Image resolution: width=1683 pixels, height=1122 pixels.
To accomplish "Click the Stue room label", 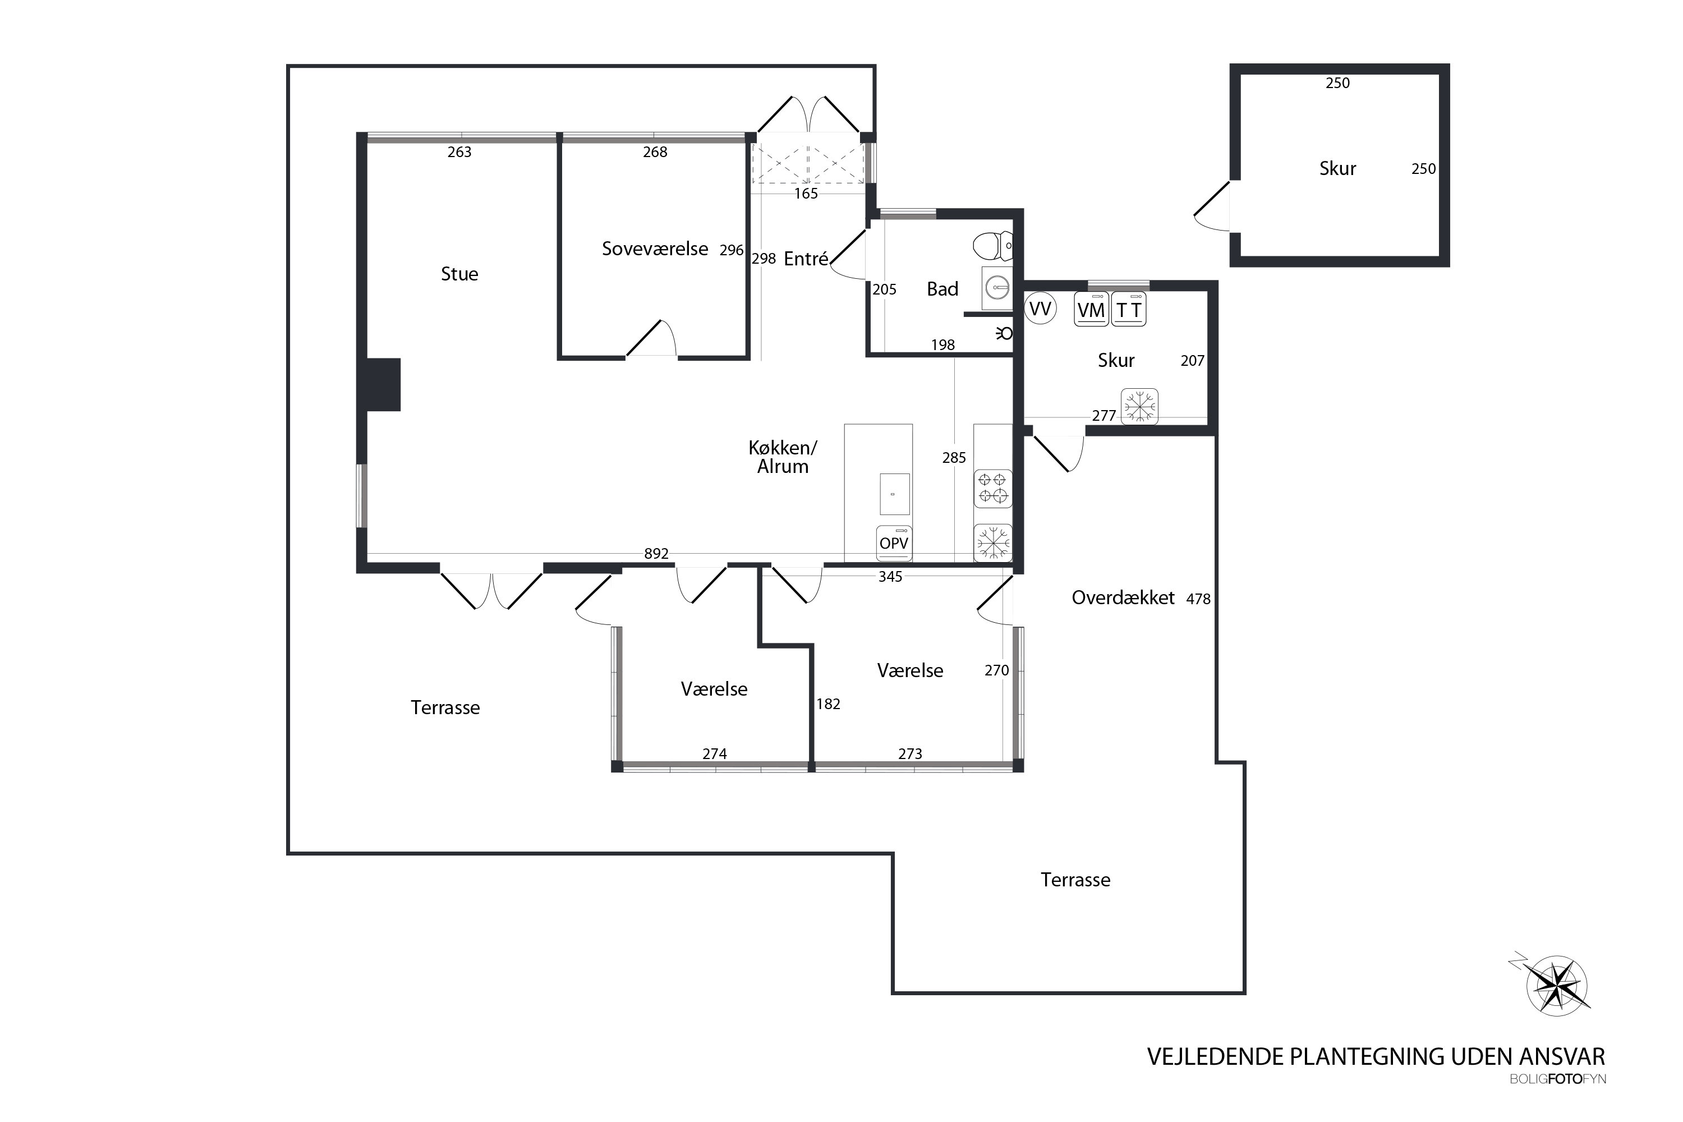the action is pyautogui.click(x=459, y=274).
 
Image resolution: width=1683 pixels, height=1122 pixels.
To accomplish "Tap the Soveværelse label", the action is pyautogui.click(x=655, y=249).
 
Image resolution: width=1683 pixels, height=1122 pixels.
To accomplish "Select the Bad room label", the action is pyautogui.click(x=942, y=289).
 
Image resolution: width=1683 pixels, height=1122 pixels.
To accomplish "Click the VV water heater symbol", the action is pyautogui.click(x=1040, y=309).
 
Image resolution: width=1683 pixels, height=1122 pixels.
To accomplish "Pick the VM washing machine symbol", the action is pyautogui.click(x=1091, y=309).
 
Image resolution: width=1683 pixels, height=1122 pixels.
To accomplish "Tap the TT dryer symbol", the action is pyautogui.click(x=1128, y=309).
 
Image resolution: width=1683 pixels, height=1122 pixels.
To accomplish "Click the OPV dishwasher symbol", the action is pyautogui.click(x=894, y=543).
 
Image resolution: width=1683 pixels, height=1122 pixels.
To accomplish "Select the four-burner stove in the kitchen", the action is pyautogui.click(x=992, y=489).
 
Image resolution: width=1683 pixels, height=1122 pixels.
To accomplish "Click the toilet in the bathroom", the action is pyautogui.click(x=992, y=246).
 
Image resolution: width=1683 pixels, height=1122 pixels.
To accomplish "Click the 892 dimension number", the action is pyautogui.click(x=656, y=554).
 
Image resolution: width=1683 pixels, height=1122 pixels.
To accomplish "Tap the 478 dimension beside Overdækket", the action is pyautogui.click(x=1198, y=599).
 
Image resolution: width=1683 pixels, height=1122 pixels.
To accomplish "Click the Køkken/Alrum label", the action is pyautogui.click(x=783, y=457).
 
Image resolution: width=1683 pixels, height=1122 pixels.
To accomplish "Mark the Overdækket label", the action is pyautogui.click(x=1123, y=598).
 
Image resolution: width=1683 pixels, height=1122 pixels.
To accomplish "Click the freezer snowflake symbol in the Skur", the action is pyautogui.click(x=1139, y=406).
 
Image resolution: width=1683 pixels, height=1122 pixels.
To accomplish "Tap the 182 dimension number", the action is pyautogui.click(x=828, y=704).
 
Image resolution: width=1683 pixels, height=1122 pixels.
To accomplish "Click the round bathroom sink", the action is pyautogui.click(x=997, y=288).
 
